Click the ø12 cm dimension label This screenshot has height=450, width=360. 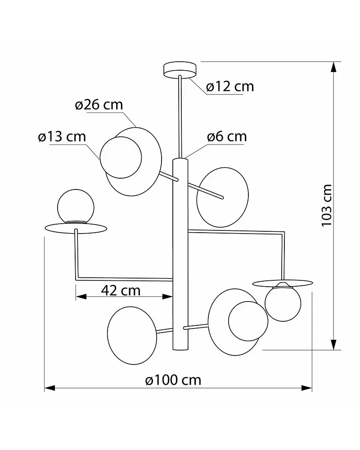tap(230, 86)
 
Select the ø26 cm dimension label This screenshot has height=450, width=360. tap(99, 105)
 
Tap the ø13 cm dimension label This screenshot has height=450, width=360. tap(62, 137)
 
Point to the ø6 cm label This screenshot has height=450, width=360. tap(227, 137)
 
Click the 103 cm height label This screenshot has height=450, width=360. tap(326, 206)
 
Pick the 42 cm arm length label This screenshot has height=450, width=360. tap(121, 290)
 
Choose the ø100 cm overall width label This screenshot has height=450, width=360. tap(173, 380)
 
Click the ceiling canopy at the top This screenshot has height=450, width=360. tap(180, 70)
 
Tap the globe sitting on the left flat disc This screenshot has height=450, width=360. tap(76, 206)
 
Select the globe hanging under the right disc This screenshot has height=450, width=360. tap(283, 303)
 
